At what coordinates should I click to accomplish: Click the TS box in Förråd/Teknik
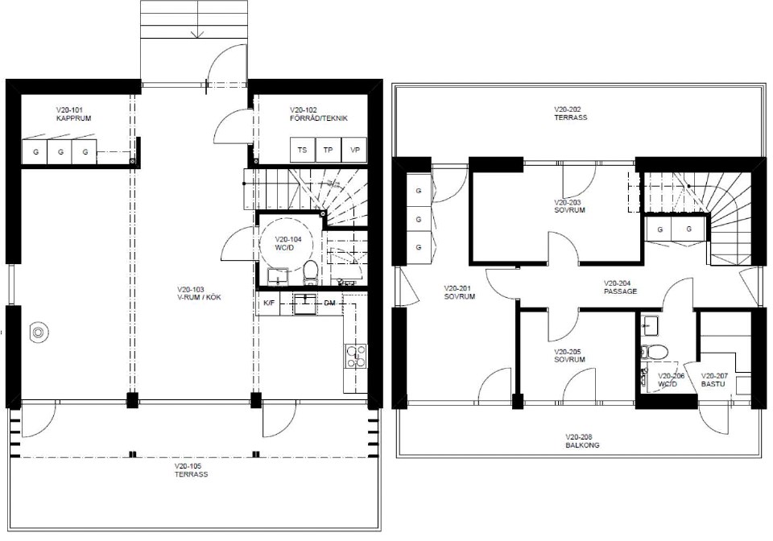303,150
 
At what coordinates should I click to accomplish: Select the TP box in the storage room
329,150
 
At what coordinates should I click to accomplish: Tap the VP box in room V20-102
354,150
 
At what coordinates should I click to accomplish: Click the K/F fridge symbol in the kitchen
269,303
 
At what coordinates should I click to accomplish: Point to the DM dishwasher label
330,303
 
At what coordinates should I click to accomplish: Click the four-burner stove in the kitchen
356,356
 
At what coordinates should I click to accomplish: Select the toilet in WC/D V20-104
310,272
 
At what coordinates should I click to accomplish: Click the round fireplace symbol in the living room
39,332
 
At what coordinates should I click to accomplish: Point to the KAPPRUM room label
73,118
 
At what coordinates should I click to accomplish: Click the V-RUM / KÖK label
199,297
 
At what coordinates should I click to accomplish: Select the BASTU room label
713,383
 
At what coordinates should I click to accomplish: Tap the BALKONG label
583,445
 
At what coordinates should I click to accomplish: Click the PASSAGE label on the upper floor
621,291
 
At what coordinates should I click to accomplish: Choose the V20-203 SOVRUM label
570,206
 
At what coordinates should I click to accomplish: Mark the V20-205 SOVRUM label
570,356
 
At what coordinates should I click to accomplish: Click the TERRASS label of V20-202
571,118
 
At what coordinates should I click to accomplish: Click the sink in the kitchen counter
305,304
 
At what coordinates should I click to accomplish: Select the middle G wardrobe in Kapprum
60,152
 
